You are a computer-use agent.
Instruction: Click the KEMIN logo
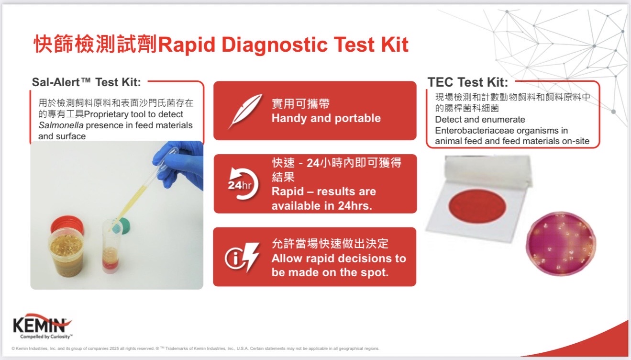pos(43,326)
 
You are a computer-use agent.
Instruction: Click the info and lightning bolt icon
pos(242,257)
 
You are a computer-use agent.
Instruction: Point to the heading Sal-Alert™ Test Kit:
pos(86,82)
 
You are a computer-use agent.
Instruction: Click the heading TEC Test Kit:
pos(468,82)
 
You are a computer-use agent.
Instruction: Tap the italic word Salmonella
pos(61,125)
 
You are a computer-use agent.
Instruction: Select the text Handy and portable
pos(326,118)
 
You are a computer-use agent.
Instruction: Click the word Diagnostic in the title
pos(275,45)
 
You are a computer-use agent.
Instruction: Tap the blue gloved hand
pos(178,165)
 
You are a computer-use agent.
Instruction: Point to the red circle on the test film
pos(477,206)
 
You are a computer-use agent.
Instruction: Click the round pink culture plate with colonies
pos(561,244)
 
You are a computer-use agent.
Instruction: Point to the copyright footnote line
pos(195,349)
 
